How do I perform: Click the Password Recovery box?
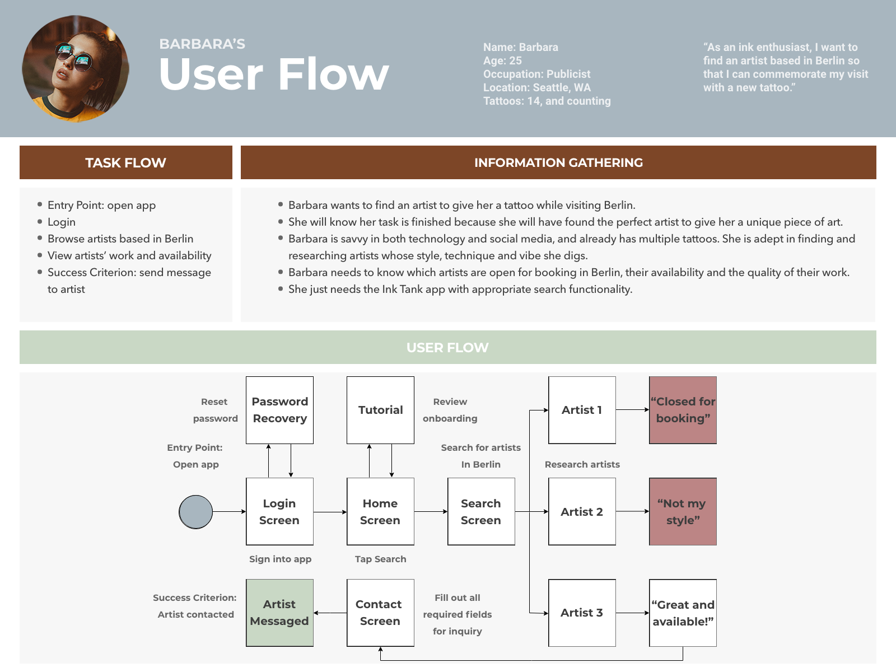tap(279, 410)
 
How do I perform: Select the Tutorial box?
tap(380, 410)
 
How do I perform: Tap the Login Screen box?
tap(279, 512)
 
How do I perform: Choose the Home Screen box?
tap(380, 512)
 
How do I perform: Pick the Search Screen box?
tap(481, 512)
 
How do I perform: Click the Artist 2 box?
tap(582, 512)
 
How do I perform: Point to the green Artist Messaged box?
tap(279, 613)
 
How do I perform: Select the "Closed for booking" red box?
tap(683, 410)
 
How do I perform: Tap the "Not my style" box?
tap(683, 512)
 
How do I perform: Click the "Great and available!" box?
tap(683, 613)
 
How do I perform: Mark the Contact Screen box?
tap(380, 613)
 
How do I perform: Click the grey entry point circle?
tap(196, 512)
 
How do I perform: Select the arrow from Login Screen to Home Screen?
tap(330, 512)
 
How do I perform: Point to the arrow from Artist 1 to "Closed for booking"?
tap(633, 410)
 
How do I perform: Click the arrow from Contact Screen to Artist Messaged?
tap(330, 613)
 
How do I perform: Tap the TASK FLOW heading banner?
tap(126, 162)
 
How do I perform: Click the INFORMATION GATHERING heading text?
tap(558, 162)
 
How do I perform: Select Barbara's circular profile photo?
tap(76, 68)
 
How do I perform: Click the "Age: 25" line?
tap(502, 61)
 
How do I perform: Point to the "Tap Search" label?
tap(380, 559)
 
